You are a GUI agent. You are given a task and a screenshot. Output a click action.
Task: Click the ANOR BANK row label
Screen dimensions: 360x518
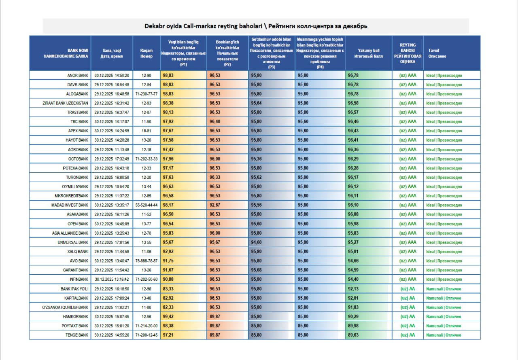coord(77,75)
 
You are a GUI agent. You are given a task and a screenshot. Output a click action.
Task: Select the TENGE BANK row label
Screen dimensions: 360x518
coord(77,335)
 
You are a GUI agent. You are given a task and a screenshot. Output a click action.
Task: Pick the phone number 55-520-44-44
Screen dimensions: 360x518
coord(146,205)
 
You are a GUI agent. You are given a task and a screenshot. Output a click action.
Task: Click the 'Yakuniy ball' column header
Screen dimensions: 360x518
coord(368,53)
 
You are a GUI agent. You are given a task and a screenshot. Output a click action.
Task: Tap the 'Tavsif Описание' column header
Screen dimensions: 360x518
coord(437,53)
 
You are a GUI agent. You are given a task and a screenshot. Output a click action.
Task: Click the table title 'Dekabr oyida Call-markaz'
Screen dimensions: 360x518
coord(256,26)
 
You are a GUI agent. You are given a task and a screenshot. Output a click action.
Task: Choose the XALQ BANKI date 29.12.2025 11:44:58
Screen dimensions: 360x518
coord(112,252)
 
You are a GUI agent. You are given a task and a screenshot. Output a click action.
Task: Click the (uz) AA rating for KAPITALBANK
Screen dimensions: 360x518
coord(408,298)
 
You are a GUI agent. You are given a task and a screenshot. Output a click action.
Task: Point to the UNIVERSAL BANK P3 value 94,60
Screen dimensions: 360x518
coord(256,242)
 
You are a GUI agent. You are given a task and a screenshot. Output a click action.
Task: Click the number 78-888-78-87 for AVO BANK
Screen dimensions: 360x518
coord(146,261)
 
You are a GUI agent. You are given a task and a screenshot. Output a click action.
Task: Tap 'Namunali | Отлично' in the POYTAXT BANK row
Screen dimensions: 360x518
coord(444,326)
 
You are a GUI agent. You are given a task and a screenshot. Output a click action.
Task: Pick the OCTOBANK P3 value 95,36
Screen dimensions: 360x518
coord(256,159)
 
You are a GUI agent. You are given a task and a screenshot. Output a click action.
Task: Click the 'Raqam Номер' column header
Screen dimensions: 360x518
coord(146,53)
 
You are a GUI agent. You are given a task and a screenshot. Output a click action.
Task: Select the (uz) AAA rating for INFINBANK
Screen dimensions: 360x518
coord(408,280)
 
